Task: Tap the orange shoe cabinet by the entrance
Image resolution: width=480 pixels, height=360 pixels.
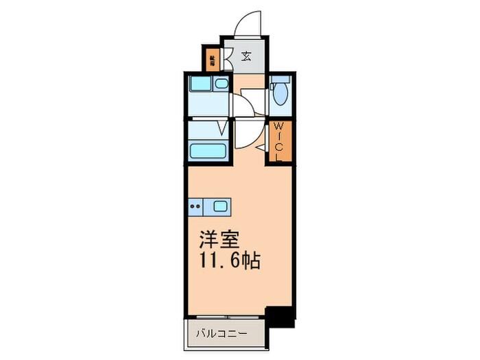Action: tap(212, 60)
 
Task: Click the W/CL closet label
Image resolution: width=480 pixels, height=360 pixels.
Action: tap(279, 142)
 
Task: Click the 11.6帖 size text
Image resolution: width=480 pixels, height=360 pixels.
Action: tap(230, 261)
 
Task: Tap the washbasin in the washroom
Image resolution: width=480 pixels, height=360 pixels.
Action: tap(221, 84)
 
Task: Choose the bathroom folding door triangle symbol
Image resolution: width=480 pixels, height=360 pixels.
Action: tap(222, 127)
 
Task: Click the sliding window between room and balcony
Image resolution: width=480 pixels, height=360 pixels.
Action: tap(226, 316)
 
